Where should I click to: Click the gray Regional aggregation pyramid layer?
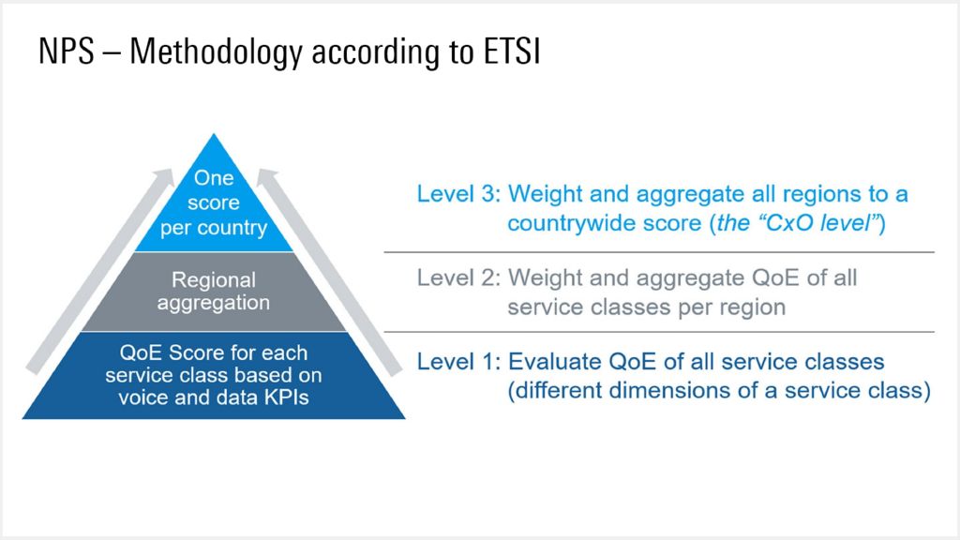tap(214, 292)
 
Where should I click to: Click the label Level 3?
tap(458, 195)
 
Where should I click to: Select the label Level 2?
tap(458, 278)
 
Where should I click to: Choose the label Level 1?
tap(458, 362)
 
